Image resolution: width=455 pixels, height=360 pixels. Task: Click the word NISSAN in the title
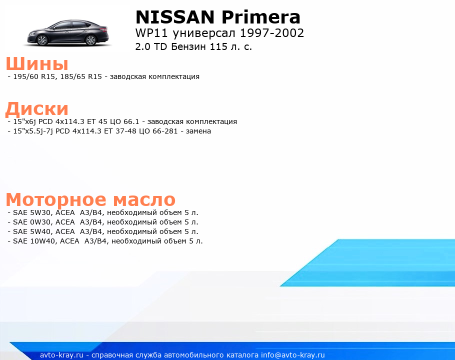pos(175,17)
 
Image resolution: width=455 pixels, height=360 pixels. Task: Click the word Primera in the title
pos(261,17)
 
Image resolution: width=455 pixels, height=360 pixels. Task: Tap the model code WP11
pos(151,33)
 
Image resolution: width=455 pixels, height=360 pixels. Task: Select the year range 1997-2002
pos(272,33)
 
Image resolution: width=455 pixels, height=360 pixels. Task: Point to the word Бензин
pos(188,46)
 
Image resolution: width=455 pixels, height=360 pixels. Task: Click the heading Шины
pos(37,63)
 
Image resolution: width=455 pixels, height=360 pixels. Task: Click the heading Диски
pos(37,109)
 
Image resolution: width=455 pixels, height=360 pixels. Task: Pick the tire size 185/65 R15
pos(81,76)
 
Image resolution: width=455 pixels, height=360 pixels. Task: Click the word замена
pos(198,131)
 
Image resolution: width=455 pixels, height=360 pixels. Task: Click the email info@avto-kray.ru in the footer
pos(292,355)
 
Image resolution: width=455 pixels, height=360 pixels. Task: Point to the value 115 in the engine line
pos(218,46)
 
